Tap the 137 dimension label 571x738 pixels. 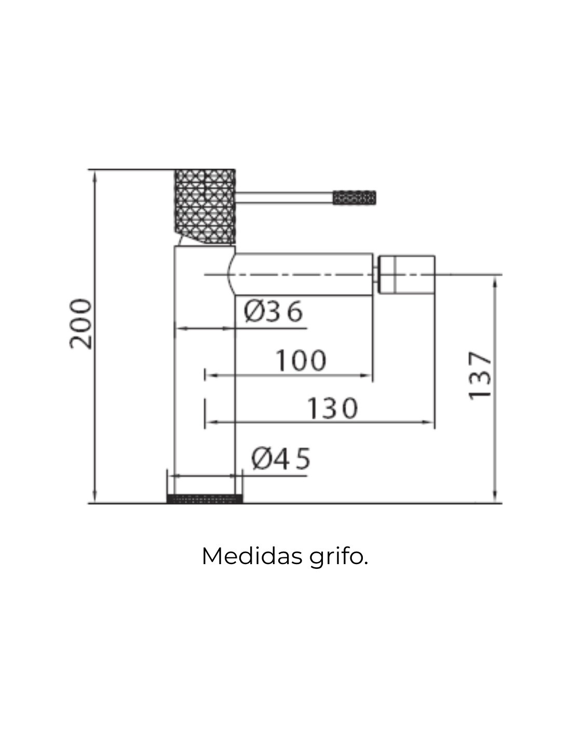(x=479, y=376)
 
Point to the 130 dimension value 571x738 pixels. (x=332, y=408)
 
